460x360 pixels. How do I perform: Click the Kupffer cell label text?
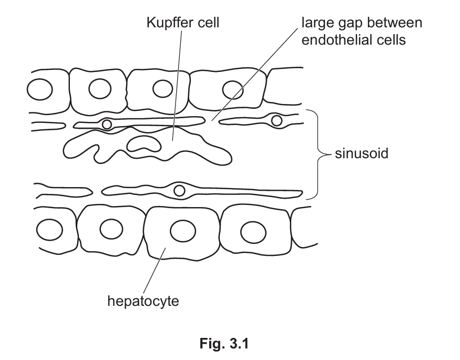tap(183, 23)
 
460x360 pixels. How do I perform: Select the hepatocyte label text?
tap(143, 301)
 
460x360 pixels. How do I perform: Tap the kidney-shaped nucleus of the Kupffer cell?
tap(145, 142)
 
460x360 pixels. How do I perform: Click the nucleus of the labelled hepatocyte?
tap(180, 230)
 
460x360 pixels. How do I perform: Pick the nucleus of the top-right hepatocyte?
tap(231, 88)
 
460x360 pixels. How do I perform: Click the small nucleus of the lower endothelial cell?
tap(179, 190)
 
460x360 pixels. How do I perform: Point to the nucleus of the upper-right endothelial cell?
tap(277, 121)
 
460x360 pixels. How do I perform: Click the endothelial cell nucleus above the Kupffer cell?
tap(107, 124)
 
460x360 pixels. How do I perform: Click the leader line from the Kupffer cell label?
tap(177, 84)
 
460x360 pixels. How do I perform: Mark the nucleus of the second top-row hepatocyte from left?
tap(99, 89)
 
